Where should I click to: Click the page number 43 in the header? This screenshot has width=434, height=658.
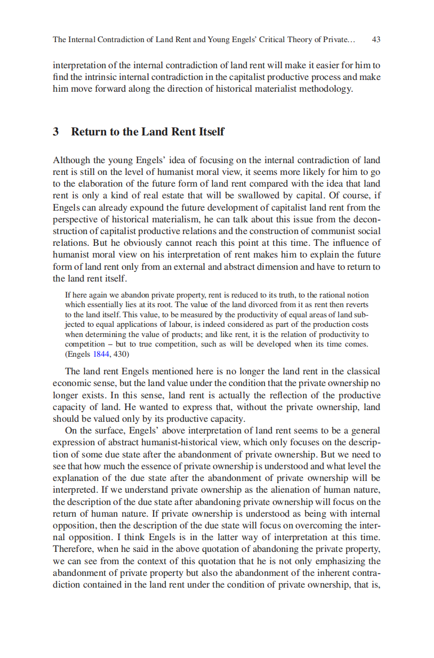[x=376, y=39]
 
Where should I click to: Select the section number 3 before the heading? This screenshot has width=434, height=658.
[x=56, y=132]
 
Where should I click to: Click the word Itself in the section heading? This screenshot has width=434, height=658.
[x=211, y=132]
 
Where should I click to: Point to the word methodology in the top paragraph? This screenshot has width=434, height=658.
[x=325, y=89]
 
